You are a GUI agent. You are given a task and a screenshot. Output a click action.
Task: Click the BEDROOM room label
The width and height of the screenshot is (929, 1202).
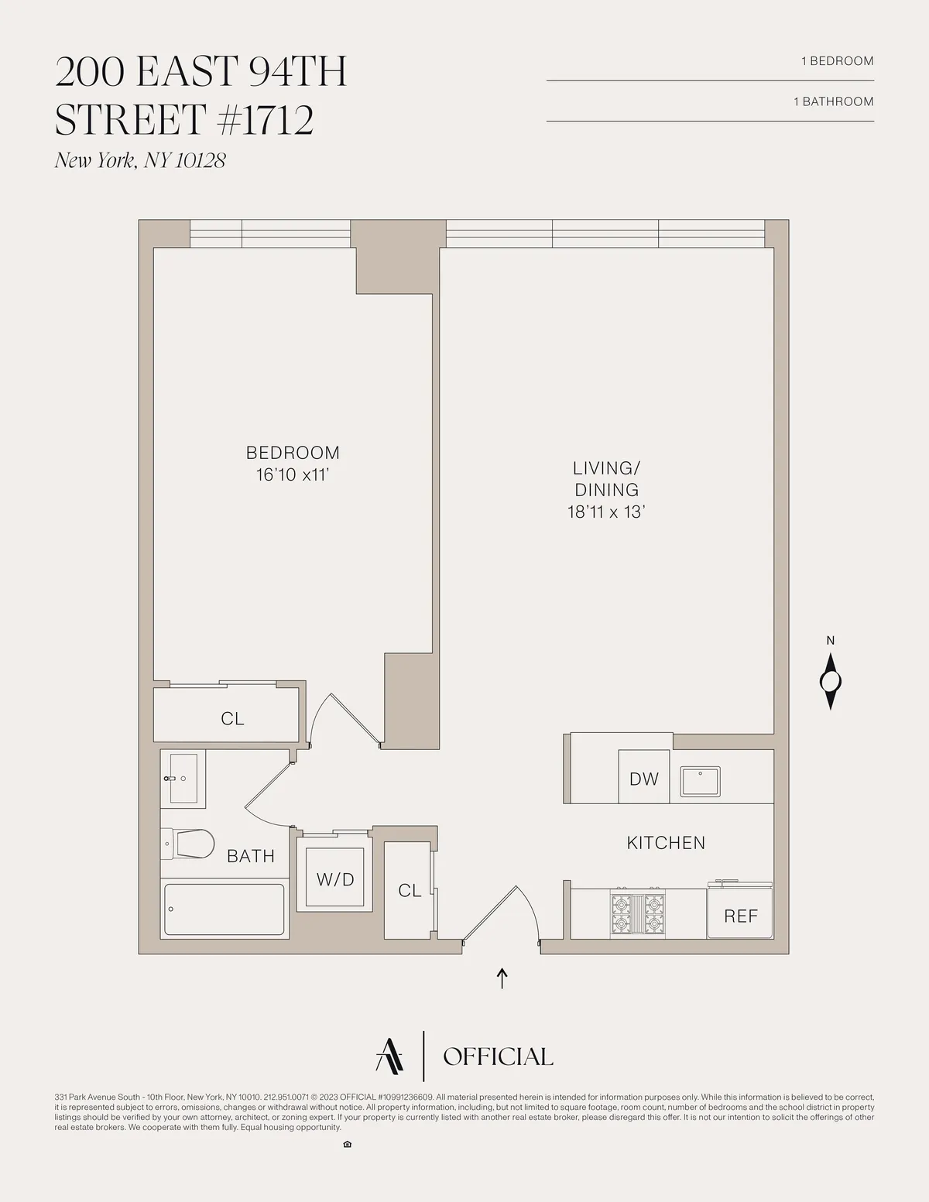coord(293,453)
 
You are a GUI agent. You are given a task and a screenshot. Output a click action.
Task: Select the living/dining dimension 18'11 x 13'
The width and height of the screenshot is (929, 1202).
coord(606,512)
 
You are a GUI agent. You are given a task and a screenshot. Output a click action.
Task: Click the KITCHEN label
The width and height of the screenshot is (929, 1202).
coord(666,843)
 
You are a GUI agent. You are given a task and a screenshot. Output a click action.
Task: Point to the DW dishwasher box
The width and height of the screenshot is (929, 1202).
coord(643,778)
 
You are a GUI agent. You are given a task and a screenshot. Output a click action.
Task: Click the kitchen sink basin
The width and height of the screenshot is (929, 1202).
coord(700,781)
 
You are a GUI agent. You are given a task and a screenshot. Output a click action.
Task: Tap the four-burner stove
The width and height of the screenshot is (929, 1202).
coord(638,914)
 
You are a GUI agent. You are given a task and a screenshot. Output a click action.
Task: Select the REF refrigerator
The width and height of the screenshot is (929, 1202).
coord(740,916)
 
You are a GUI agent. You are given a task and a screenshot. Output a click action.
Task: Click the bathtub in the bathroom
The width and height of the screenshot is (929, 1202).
coord(225,909)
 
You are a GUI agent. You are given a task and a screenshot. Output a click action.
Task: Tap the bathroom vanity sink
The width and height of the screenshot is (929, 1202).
coord(183,778)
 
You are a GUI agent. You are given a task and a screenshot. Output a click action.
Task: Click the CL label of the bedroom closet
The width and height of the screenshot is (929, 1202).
coord(232,719)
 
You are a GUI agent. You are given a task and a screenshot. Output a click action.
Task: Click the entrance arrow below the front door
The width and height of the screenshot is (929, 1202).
coord(502,978)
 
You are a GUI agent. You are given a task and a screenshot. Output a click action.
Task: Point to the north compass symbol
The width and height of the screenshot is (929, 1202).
coord(831,681)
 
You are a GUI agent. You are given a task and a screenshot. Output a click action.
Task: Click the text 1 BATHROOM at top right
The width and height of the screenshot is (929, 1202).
coord(833,101)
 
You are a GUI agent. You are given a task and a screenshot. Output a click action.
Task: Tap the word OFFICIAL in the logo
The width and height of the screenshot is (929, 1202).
coord(498,1056)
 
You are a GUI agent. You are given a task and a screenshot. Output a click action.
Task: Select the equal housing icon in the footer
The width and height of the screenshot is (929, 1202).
coord(347,1145)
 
